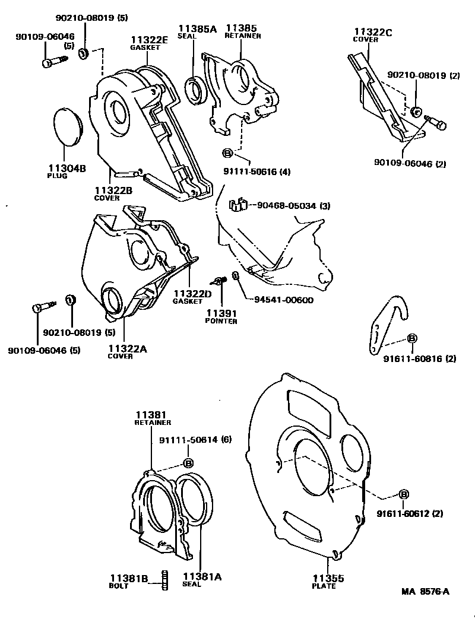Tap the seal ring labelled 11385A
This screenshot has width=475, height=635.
(195, 89)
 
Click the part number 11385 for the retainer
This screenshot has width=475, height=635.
(242, 28)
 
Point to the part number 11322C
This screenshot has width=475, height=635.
(373, 32)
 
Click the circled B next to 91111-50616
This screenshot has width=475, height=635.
(227, 154)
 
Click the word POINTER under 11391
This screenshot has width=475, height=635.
(221, 321)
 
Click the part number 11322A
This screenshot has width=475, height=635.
(127, 348)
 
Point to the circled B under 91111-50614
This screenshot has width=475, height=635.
(188, 463)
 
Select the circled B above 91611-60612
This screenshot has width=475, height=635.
(404, 494)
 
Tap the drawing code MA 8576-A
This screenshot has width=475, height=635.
(425, 591)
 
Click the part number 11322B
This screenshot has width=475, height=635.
(113, 190)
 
